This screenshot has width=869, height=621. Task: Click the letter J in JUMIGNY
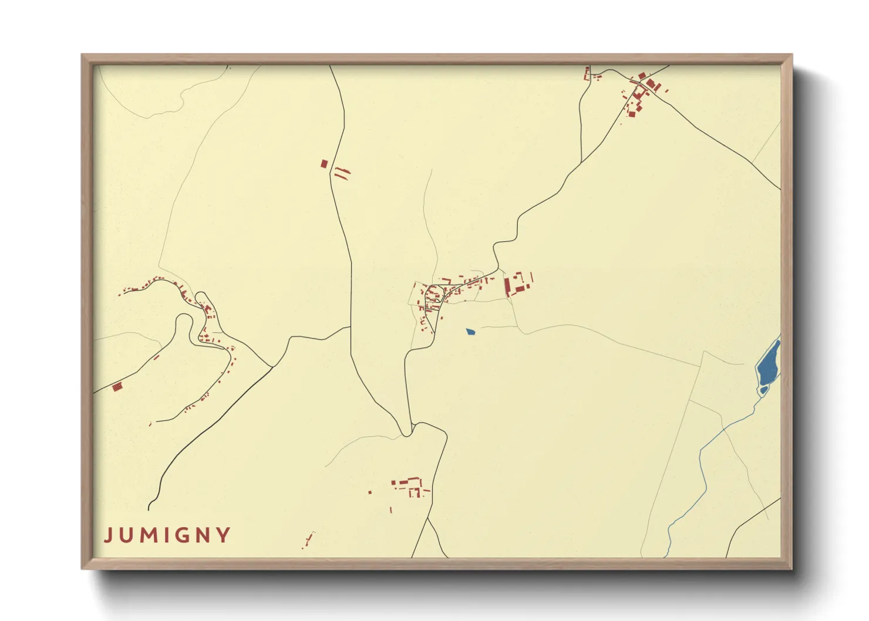coord(108,535)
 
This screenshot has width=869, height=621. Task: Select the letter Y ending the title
coord(224,535)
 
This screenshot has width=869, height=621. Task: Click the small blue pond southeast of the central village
coord(470,332)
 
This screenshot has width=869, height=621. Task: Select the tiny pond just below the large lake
coord(763,390)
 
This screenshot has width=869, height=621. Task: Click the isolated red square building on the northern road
coord(324,164)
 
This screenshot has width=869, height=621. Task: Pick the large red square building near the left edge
coord(117,386)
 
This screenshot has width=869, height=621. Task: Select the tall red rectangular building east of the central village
coord(507,287)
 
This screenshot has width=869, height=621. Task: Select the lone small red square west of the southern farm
coord(370,492)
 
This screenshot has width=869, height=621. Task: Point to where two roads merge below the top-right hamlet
coord(581,162)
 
